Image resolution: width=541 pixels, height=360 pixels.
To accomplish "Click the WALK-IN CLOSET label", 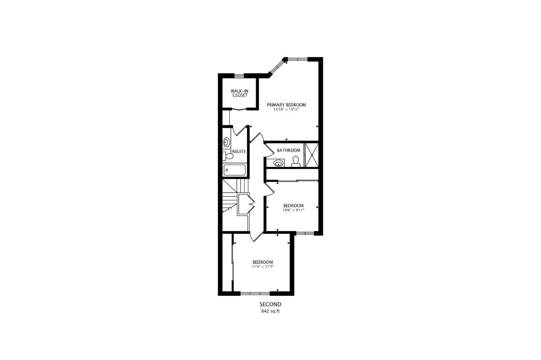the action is [x=239, y=93].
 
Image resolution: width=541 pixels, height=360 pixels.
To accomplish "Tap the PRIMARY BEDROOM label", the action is [x=286, y=105].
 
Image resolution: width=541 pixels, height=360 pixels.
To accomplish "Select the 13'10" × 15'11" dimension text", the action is [x=286, y=109].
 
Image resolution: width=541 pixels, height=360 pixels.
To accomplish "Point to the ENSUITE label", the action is [x=238, y=151].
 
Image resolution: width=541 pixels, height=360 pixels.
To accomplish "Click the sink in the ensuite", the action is [x=226, y=142].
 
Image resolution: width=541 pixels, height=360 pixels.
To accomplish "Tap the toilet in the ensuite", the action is [x=228, y=156].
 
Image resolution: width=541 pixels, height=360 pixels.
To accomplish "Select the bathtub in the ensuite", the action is [x=235, y=170].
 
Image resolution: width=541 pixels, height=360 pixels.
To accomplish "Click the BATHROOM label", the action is [x=289, y=150].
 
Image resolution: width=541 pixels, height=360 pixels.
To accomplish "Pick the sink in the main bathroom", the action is [x=278, y=163].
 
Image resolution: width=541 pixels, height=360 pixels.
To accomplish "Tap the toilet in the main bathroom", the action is [x=296, y=161].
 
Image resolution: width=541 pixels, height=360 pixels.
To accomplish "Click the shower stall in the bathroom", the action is [x=312, y=155].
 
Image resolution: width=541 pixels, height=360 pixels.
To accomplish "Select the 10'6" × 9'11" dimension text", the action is [x=293, y=210].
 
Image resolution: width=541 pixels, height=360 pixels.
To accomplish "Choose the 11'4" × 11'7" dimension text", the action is [x=263, y=267].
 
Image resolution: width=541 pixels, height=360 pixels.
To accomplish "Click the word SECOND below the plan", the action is [x=270, y=304].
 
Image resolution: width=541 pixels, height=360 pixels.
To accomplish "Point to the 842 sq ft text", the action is [x=270, y=311].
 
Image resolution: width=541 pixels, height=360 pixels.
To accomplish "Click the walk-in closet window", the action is [x=239, y=76].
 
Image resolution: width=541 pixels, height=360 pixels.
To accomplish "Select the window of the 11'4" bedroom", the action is [x=255, y=293].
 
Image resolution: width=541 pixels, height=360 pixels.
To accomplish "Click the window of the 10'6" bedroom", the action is [x=305, y=233].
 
